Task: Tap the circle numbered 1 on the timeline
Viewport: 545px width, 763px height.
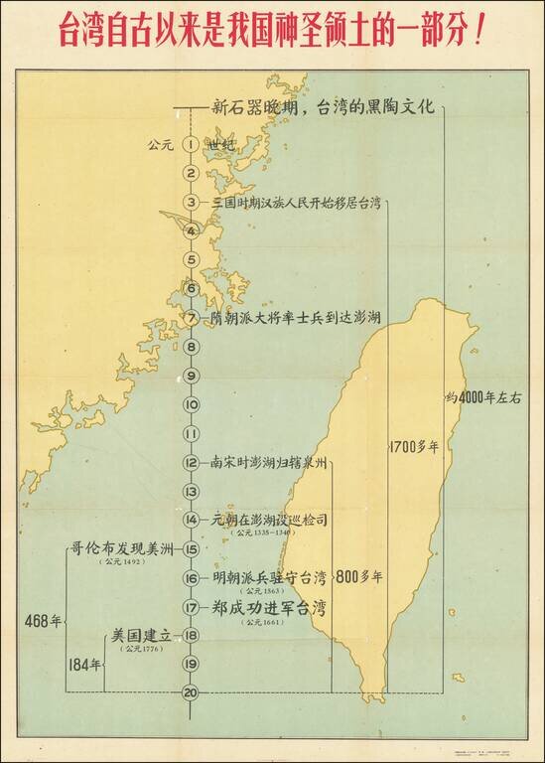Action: pos(191,145)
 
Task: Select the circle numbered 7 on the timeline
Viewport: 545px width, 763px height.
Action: pos(191,319)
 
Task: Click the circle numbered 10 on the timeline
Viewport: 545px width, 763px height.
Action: pos(191,405)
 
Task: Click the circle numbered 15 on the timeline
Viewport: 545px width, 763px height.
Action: pos(191,548)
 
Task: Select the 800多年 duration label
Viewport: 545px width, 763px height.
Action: pos(359,575)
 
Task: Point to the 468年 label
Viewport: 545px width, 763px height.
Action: pos(43,621)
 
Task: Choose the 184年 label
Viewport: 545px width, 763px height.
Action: pos(85,665)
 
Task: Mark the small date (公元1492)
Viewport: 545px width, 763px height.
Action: pos(120,563)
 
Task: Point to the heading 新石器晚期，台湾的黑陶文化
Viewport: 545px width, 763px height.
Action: pos(323,108)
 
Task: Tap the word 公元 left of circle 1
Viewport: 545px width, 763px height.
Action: pos(160,145)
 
